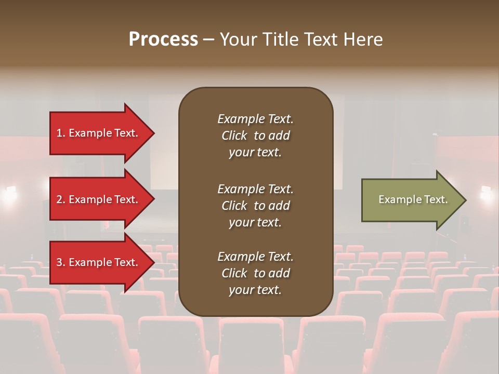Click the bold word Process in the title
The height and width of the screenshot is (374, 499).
(x=163, y=39)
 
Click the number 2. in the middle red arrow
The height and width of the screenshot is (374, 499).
(x=61, y=199)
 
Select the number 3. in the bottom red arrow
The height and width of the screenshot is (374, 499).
(x=61, y=262)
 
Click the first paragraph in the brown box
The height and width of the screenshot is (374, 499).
(x=255, y=136)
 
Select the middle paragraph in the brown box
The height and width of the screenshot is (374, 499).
(x=255, y=206)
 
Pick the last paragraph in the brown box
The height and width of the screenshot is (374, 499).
(x=255, y=273)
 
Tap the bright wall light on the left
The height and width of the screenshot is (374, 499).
(x=10, y=193)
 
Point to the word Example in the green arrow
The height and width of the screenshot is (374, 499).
(x=397, y=199)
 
